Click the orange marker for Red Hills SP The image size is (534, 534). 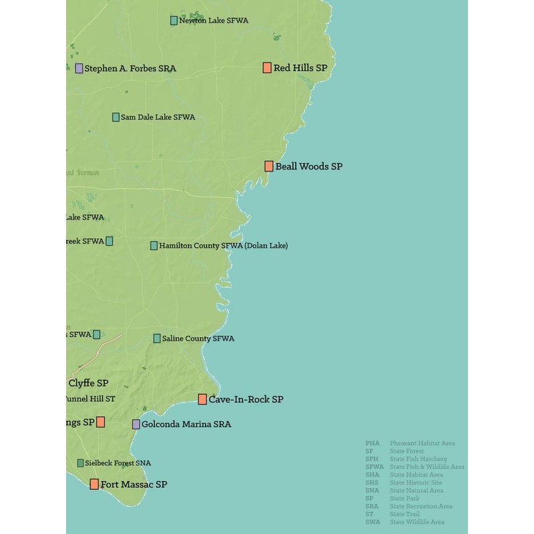point(267,67)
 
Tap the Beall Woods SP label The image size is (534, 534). point(308,166)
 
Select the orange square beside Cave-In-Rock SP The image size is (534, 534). point(202,399)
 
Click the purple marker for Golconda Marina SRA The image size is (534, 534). point(136,424)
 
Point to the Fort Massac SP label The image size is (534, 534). point(133,484)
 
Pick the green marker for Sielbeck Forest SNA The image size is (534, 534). point(81,463)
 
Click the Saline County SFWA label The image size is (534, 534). point(198,338)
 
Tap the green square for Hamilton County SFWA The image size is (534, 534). point(154,246)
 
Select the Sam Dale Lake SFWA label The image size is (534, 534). point(158,117)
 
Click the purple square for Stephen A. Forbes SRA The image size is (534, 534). point(79,68)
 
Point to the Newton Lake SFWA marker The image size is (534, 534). point(174,21)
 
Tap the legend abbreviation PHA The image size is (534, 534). point(372,443)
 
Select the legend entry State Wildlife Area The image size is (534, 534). point(417,522)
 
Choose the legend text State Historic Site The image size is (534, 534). point(416,483)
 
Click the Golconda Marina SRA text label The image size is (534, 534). point(186,424)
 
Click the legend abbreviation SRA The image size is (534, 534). point(372,506)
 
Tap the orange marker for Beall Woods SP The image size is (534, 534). point(269,166)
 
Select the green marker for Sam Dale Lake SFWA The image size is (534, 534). point(115,117)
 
